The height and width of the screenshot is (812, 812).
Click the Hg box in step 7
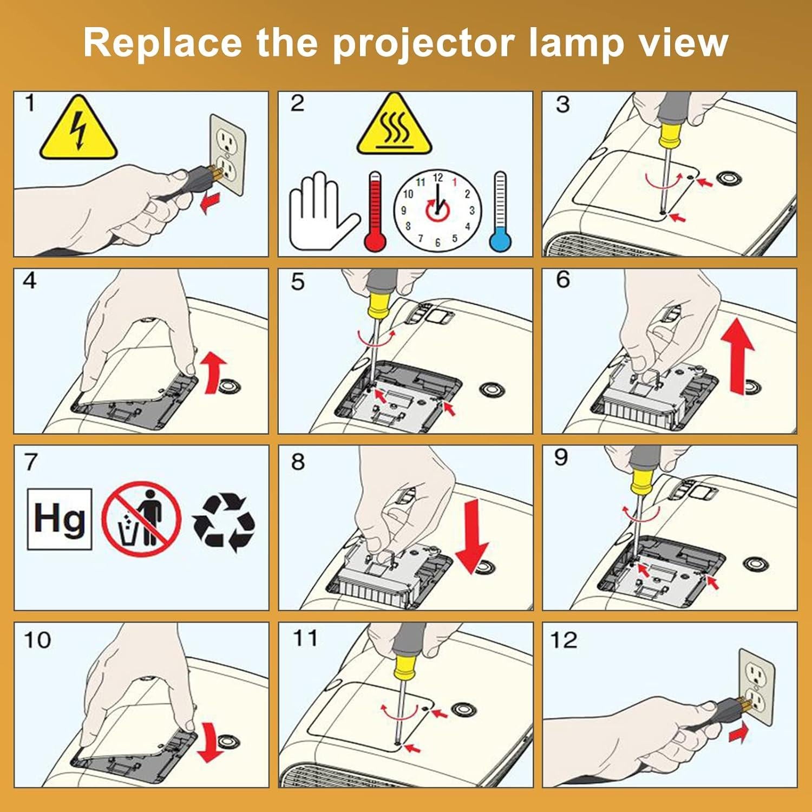tap(60, 519)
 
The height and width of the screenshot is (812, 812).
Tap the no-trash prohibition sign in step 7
tap(142, 519)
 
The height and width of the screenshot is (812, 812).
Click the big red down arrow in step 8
tap(472, 536)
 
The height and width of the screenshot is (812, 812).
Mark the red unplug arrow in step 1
tap(211, 205)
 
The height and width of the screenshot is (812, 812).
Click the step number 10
tap(37, 640)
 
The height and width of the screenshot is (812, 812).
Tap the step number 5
tap(298, 282)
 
